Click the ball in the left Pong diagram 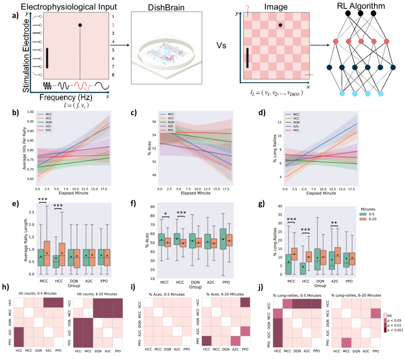(81, 25)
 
